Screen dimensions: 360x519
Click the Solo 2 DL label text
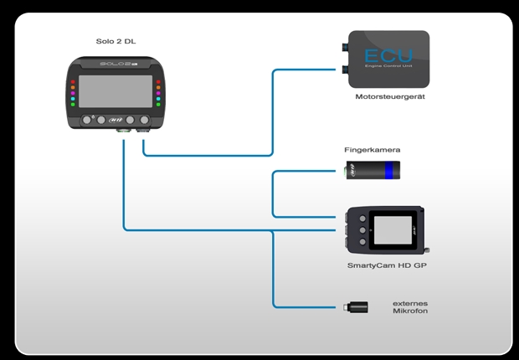(115, 41)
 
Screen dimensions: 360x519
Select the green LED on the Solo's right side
(157, 100)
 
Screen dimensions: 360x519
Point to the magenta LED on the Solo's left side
(74, 93)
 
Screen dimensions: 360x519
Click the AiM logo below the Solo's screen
(116, 120)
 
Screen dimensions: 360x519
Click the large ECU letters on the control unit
(388, 55)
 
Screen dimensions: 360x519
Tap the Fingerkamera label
(367, 150)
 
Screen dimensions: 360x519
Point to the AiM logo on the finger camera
(358, 172)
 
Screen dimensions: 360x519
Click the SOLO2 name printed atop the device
(114, 64)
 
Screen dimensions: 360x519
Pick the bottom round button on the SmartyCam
(362, 242)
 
